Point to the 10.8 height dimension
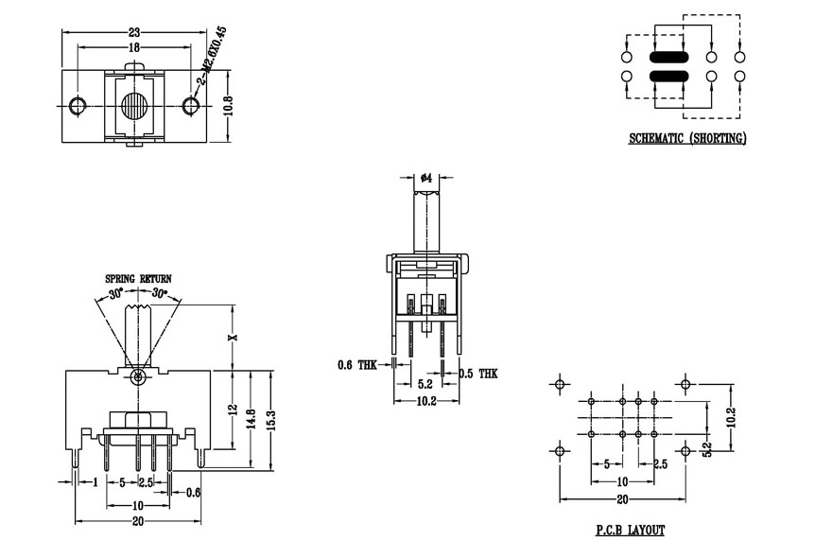tap(228, 105)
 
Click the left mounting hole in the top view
tap(77, 104)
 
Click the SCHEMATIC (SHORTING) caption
tap(687, 139)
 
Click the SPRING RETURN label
tap(138, 279)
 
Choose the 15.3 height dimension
tap(272, 417)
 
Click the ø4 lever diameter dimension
tap(426, 178)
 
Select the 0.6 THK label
tap(357, 364)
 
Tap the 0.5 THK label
tap(478, 374)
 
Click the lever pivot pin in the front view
tap(138, 377)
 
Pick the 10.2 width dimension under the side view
tap(425, 401)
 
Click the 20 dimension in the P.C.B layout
tap(621, 498)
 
